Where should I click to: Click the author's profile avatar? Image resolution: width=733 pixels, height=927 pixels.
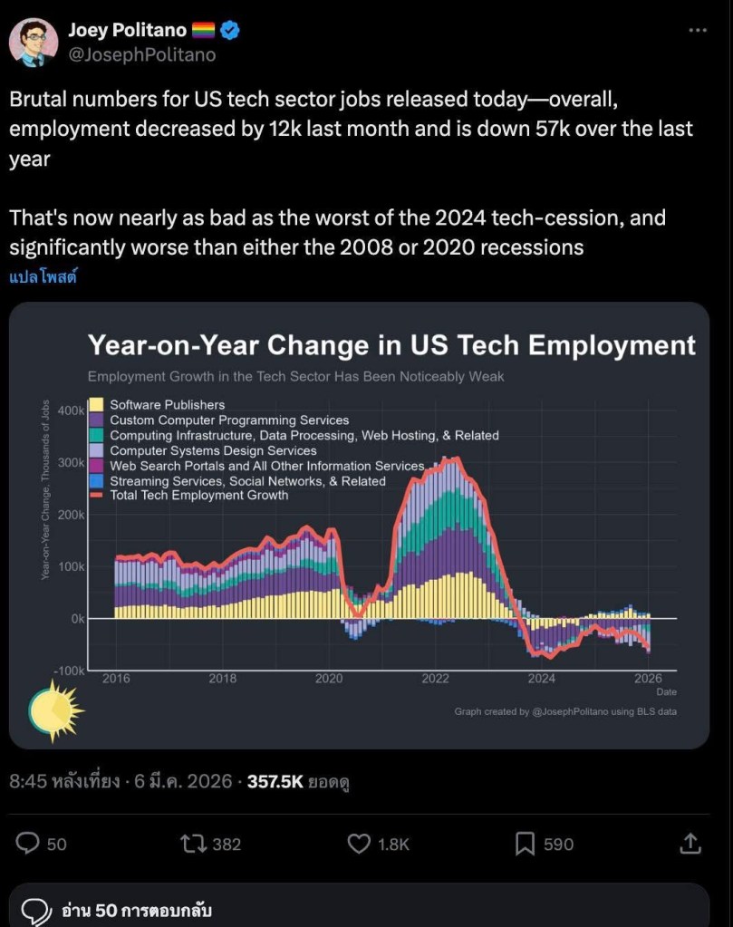pyautogui.click(x=34, y=41)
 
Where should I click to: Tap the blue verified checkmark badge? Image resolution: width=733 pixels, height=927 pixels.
pyautogui.click(x=230, y=30)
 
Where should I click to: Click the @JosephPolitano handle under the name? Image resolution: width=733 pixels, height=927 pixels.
pyautogui.click(x=142, y=54)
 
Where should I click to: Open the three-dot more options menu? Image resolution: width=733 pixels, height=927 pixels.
pyautogui.click(x=697, y=30)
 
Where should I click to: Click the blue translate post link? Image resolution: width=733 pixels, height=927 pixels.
pyautogui.click(x=43, y=277)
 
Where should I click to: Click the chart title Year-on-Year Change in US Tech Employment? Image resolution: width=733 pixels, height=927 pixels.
pyautogui.click(x=391, y=345)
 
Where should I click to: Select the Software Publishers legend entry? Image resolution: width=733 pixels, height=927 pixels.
pyautogui.click(x=167, y=405)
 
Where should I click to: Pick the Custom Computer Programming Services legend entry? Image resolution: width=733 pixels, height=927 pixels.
pyautogui.click(x=228, y=420)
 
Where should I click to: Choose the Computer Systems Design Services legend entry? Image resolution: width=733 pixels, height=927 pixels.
pyautogui.click(x=213, y=450)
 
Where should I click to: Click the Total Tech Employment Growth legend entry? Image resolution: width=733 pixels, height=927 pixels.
pyautogui.click(x=198, y=495)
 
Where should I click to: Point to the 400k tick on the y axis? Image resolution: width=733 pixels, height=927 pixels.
pyautogui.click(x=71, y=410)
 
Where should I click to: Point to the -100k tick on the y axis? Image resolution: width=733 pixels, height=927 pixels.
pyautogui.click(x=69, y=671)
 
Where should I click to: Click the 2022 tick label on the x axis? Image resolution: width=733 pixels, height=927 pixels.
pyautogui.click(x=435, y=678)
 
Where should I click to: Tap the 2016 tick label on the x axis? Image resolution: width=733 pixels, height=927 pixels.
pyautogui.click(x=115, y=678)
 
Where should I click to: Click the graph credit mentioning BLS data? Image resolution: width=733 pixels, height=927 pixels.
pyautogui.click(x=565, y=711)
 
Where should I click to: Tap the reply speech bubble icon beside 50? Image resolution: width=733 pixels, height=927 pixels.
pyautogui.click(x=29, y=844)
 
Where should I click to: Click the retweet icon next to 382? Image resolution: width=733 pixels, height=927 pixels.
pyautogui.click(x=193, y=844)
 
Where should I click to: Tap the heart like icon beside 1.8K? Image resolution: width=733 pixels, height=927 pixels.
pyautogui.click(x=359, y=844)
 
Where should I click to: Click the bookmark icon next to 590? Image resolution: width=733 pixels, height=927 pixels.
pyautogui.click(x=525, y=844)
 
